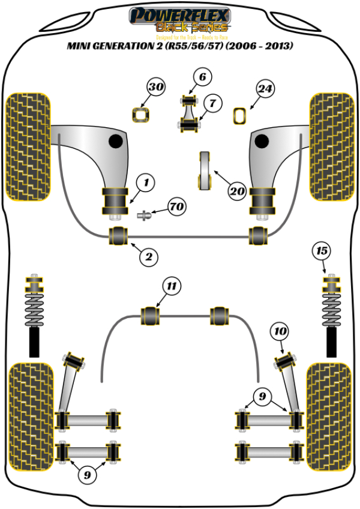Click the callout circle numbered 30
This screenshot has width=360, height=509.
[x=156, y=88]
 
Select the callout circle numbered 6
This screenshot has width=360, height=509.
[x=202, y=77]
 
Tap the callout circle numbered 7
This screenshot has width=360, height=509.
[x=212, y=103]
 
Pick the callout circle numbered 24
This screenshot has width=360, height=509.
[x=265, y=89]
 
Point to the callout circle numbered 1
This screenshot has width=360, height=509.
[x=146, y=181]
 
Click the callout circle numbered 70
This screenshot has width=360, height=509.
[x=176, y=208]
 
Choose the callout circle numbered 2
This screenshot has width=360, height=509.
[x=149, y=258]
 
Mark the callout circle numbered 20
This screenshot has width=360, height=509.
[x=238, y=191]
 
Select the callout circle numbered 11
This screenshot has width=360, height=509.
[x=172, y=287]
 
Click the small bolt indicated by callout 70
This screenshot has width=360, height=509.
[x=143, y=214]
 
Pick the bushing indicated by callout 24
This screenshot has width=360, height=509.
[x=240, y=115]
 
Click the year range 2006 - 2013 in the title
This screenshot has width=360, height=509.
[x=266, y=46]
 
